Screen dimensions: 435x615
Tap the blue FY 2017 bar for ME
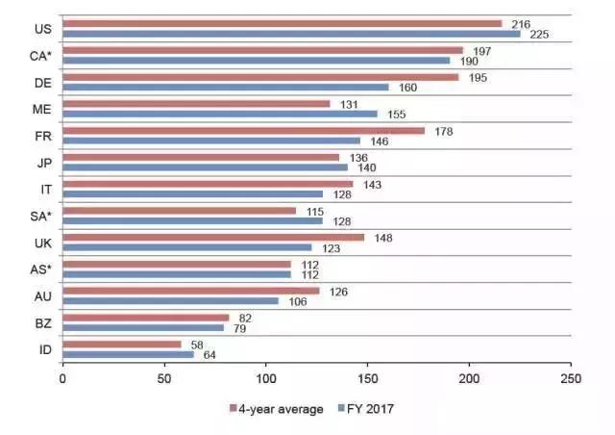point(220,114)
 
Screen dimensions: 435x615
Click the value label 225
point(536,34)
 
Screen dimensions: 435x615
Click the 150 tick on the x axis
point(367,379)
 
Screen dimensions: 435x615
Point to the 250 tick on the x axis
point(571,379)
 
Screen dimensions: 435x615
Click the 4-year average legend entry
point(273,408)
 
